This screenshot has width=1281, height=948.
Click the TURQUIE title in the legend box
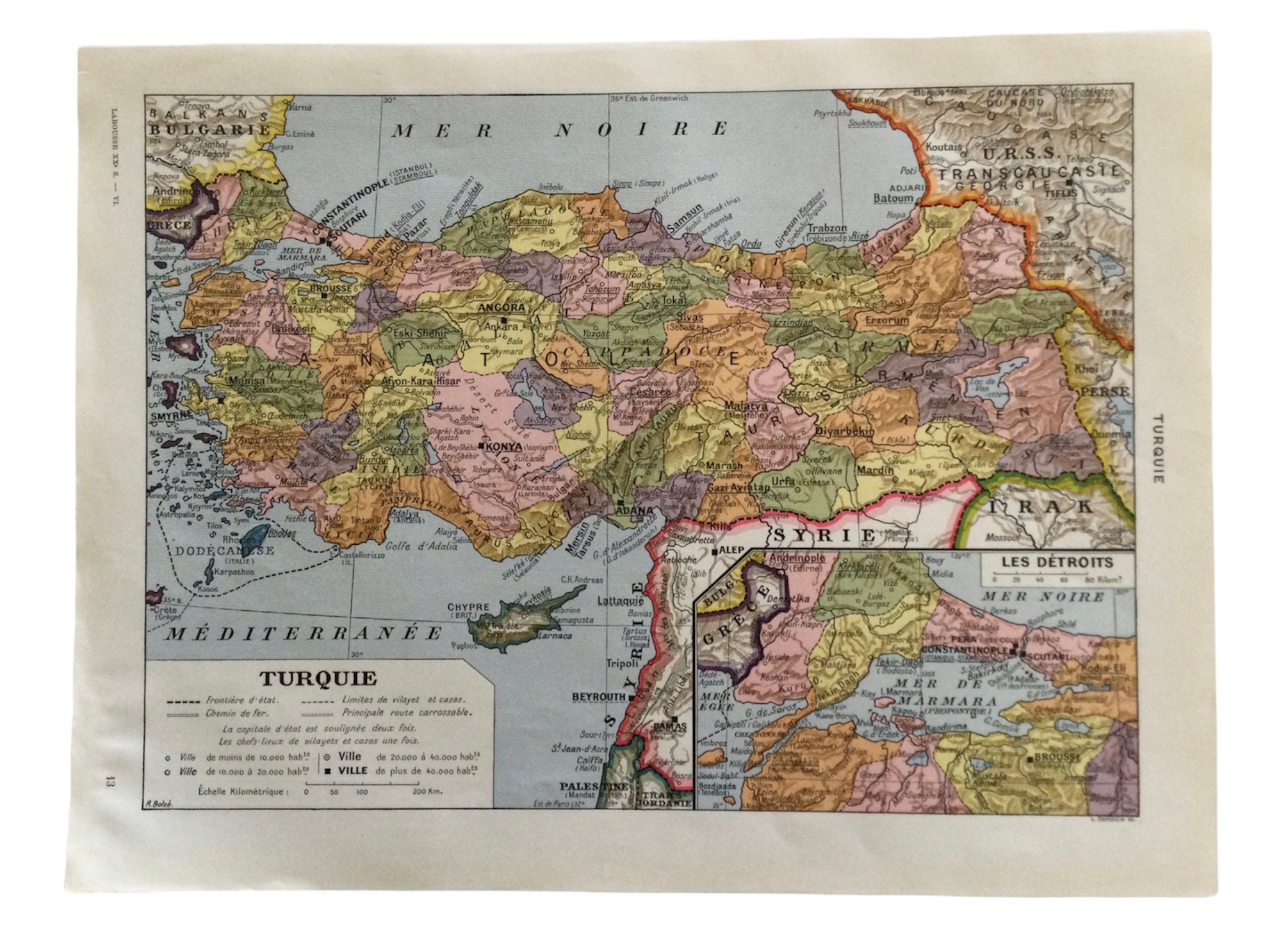tap(318, 679)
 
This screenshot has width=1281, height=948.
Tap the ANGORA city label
tap(502, 308)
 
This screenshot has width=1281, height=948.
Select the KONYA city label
tap(503, 447)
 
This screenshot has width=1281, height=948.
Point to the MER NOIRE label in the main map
tap(560, 130)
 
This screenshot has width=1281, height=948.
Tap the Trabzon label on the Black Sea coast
tap(827, 228)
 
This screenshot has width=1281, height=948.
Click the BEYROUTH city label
tap(599, 697)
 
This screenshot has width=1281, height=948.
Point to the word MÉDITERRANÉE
tap(304, 634)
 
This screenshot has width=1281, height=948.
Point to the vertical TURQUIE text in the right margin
tap(1157, 448)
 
